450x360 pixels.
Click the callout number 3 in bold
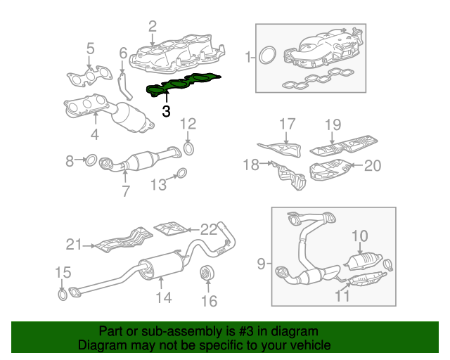(x=166, y=111)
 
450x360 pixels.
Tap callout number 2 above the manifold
(x=152, y=27)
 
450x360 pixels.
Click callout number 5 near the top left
(x=90, y=49)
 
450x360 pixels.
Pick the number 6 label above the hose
(x=122, y=53)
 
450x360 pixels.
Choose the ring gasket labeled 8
(x=91, y=161)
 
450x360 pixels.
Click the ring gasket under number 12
(x=188, y=148)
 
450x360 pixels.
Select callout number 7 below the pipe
(x=125, y=191)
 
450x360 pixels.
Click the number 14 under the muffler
(x=163, y=299)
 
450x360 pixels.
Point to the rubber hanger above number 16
(x=207, y=272)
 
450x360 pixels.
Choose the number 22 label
(x=210, y=229)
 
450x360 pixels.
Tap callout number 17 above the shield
(x=287, y=124)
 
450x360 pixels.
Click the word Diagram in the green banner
(x=101, y=346)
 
